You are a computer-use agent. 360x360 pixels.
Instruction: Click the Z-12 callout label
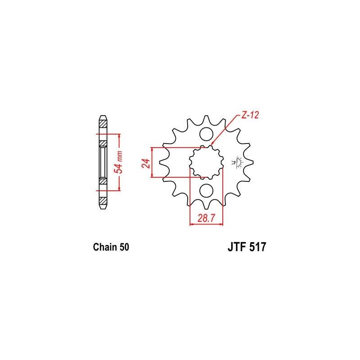coord(250,115)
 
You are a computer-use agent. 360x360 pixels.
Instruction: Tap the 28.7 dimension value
coord(207,218)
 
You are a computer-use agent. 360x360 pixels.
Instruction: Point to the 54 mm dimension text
coord(119,162)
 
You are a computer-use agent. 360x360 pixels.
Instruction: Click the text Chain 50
coord(111,247)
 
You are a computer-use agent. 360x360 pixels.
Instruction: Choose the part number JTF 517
coord(247,247)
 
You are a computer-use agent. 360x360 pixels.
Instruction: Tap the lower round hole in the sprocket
coord(207,190)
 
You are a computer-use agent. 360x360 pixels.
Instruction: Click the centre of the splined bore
coord(207,162)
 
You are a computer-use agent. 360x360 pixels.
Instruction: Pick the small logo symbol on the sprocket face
coord(237,162)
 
